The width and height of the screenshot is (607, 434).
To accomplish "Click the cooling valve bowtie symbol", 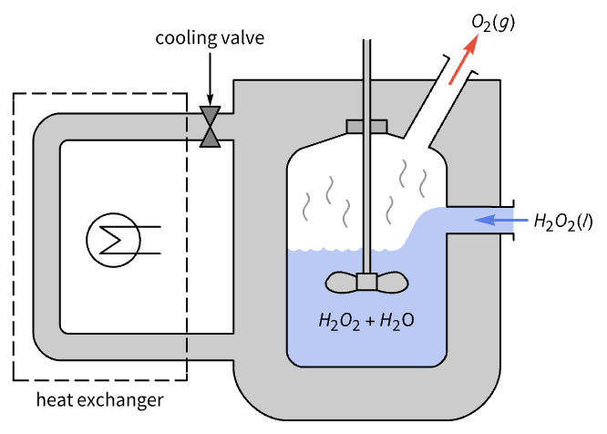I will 211,127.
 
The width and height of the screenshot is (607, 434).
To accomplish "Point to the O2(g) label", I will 493,21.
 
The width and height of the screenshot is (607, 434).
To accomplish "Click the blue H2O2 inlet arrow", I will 497,220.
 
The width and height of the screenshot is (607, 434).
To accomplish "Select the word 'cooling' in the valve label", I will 180,38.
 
